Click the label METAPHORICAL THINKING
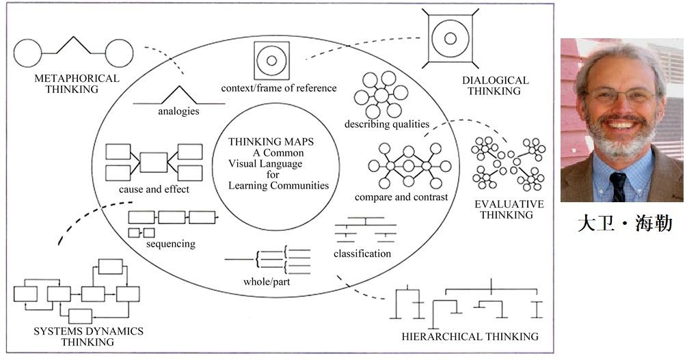coord(77,83)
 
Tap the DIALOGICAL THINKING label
coord(495,86)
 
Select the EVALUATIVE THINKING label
coord(509,209)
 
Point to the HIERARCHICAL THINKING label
coord(470,336)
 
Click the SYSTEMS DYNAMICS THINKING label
coord(88,336)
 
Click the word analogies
coord(178,111)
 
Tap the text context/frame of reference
coord(279,88)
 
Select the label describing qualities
coord(387,124)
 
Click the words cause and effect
coord(154,189)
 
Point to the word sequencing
coord(170,244)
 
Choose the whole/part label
coord(267,281)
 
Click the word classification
coord(362,253)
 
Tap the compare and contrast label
coord(401,197)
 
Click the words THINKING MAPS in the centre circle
coord(271,142)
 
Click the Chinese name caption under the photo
coord(624,223)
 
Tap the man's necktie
coord(618,186)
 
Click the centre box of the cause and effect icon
coord(153,162)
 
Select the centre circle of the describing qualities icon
coord(381,95)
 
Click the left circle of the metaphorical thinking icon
coord(27,53)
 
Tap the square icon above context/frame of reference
coord(271,61)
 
